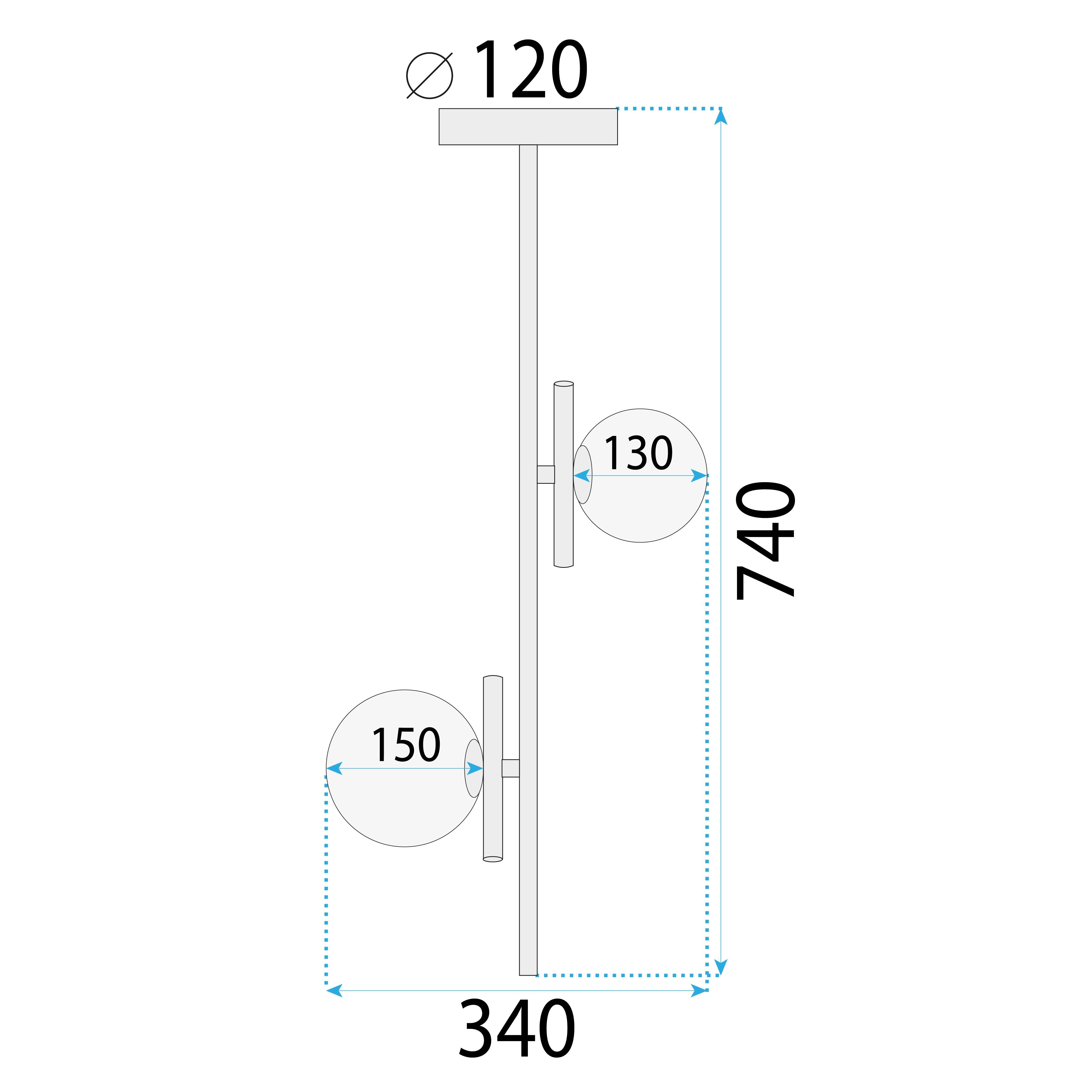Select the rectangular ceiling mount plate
coord(528,127)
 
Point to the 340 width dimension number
coord(517,1029)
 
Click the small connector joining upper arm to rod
coord(546,474)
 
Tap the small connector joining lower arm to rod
coord(510,768)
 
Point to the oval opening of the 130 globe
coord(583,474)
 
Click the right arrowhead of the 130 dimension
coord(699,476)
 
